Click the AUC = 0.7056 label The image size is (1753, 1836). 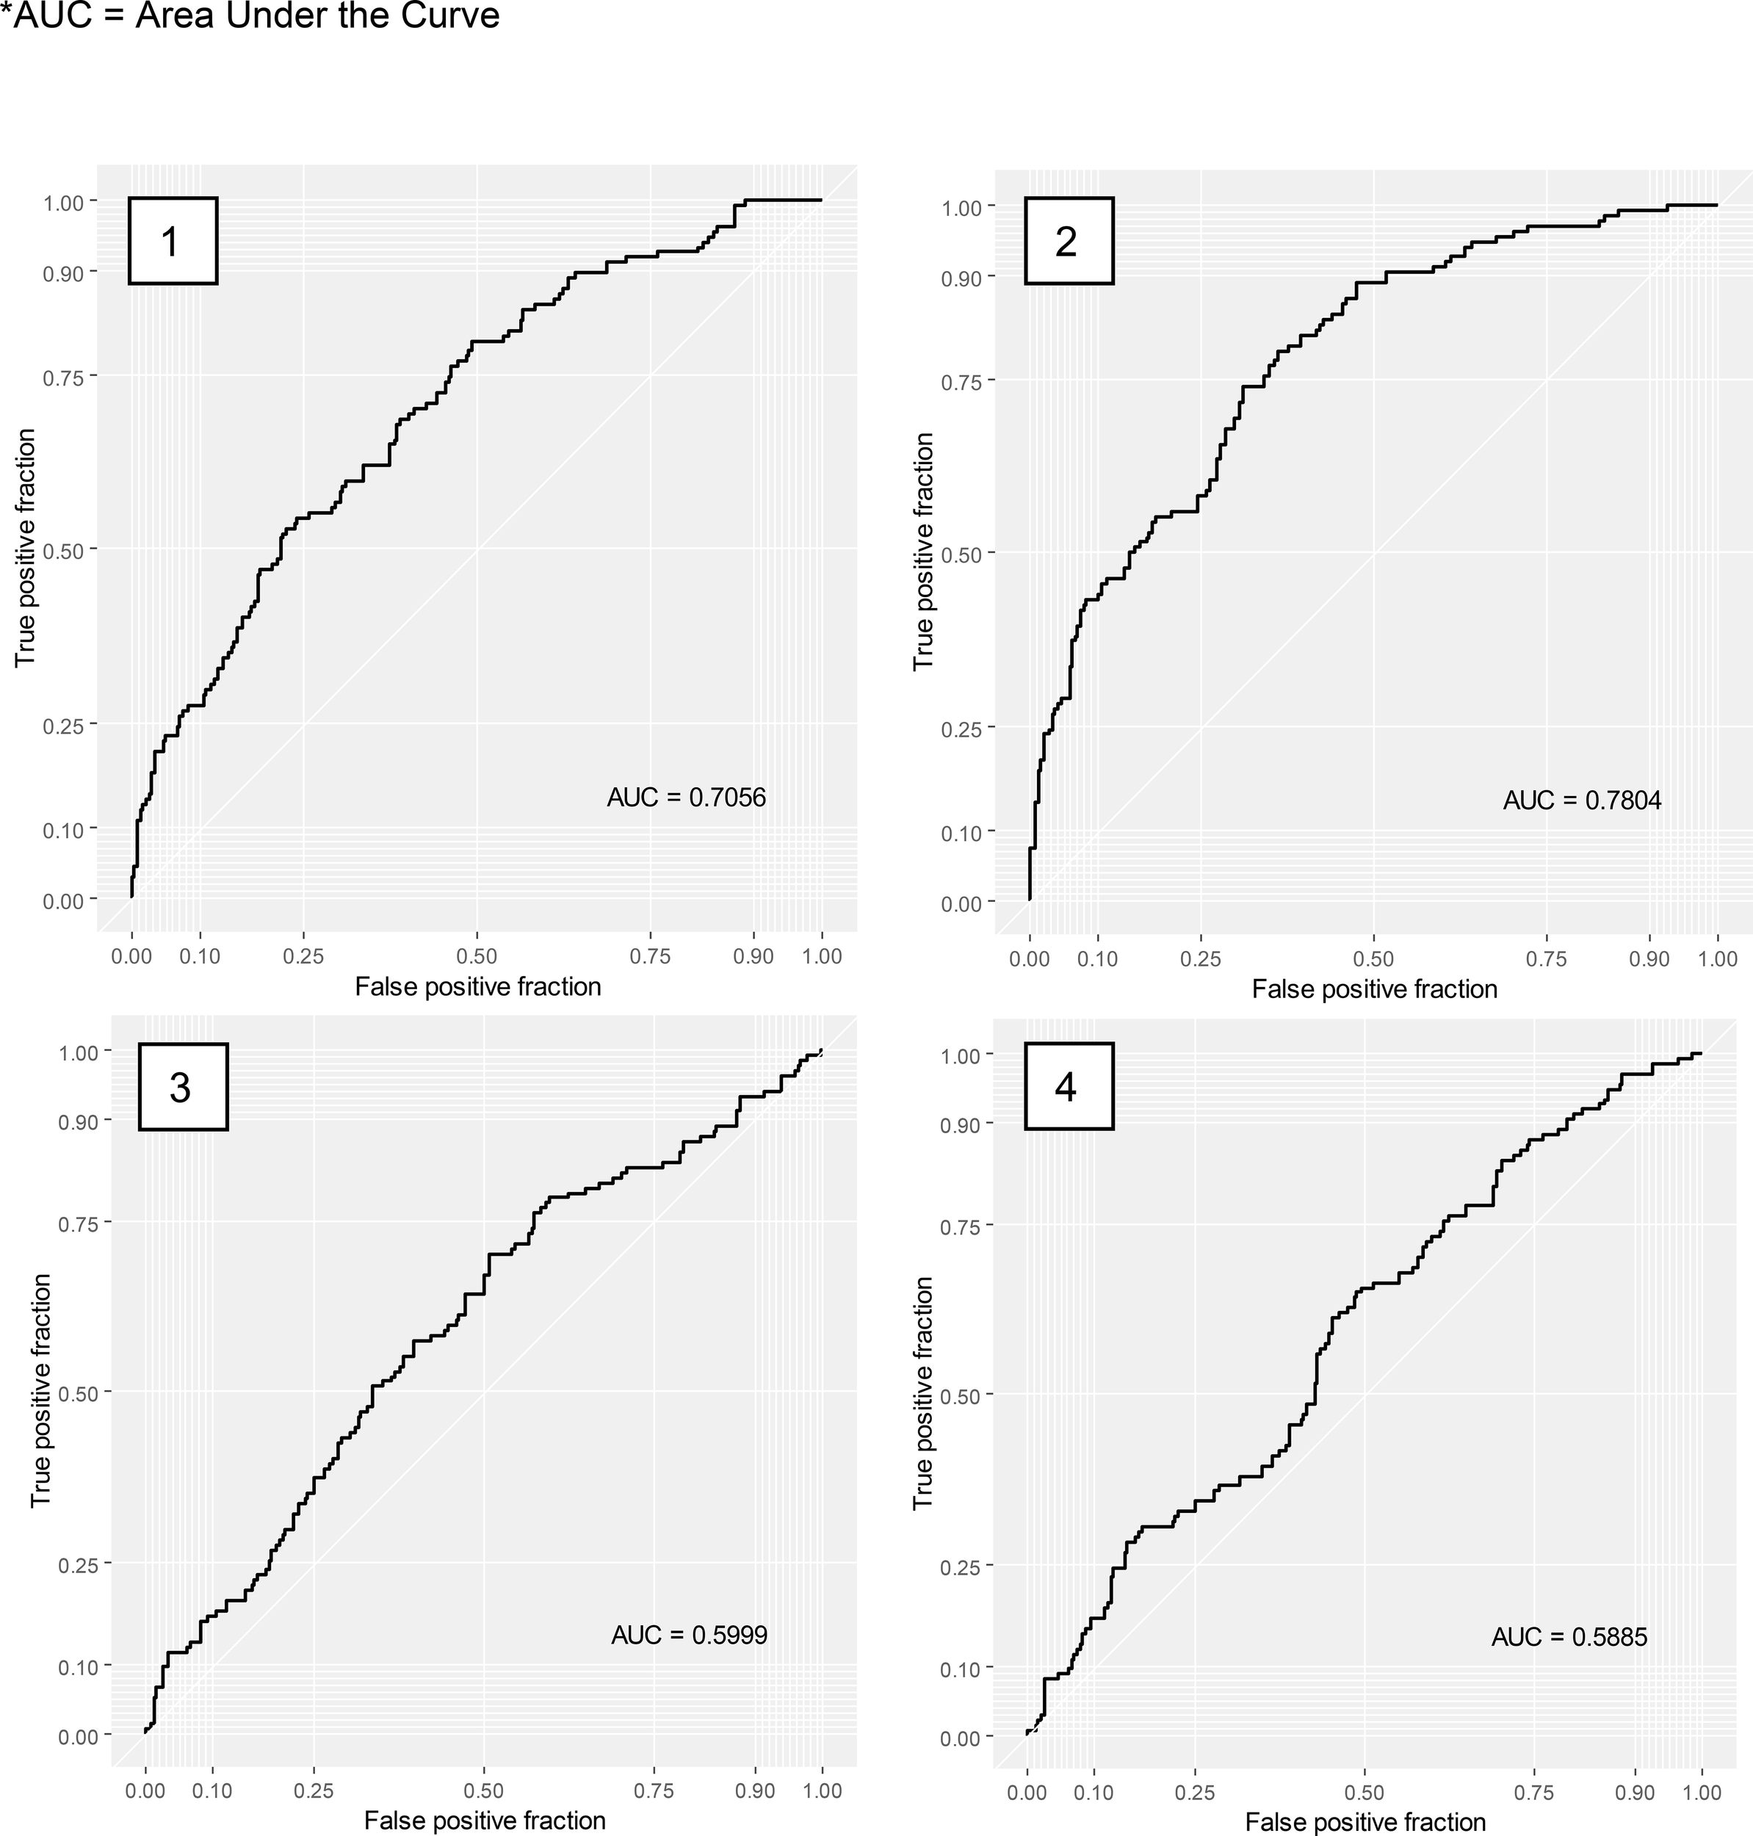pos(686,797)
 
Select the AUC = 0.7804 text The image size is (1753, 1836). pos(1582,800)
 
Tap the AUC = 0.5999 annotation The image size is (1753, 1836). pos(689,1634)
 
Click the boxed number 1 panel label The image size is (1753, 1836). pos(172,241)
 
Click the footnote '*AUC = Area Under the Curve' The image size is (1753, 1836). pos(250,16)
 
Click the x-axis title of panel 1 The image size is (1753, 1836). pos(477,987)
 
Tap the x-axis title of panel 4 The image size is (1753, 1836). pos(1365,1821)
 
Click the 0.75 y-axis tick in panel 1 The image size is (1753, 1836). pos(62,377)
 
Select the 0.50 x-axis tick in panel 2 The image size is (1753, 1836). pos(1373,958)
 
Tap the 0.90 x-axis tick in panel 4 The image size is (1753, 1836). pos(1634,1792)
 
